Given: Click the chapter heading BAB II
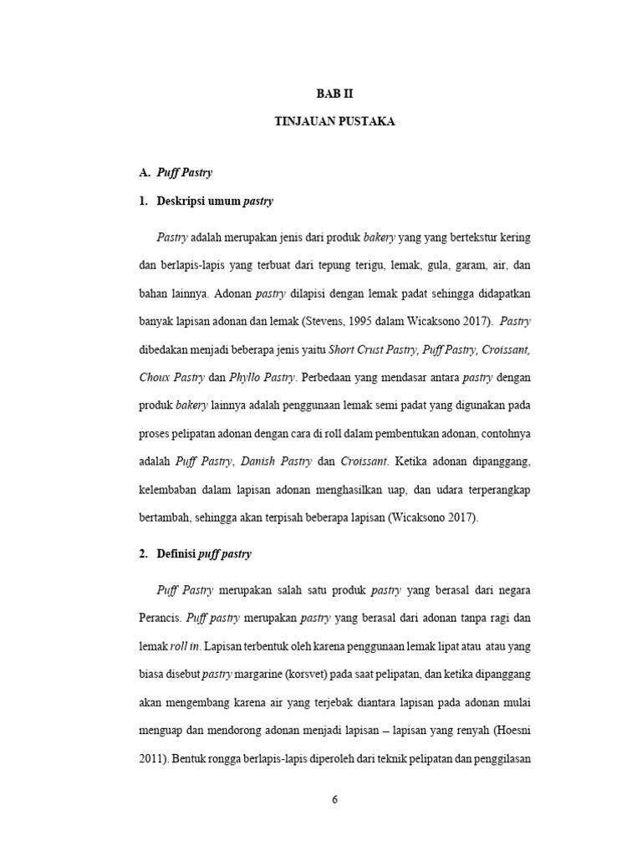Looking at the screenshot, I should [x=335, y=94].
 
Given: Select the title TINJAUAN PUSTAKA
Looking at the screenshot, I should [x=335, y=122].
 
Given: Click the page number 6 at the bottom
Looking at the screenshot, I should [x=334, y=799].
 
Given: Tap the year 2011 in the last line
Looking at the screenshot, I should [x=151, y=761].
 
